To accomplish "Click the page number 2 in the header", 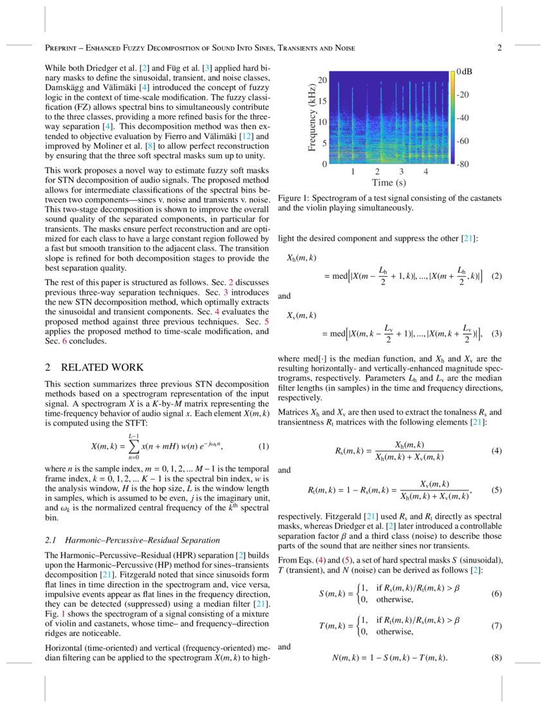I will [499, 48].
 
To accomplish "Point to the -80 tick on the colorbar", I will [463, 164].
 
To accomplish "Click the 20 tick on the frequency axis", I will [323, 80].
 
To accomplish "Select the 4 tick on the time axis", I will [425, 172].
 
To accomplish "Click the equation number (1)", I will [263, 447].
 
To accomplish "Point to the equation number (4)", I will [496, 451].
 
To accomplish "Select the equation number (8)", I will [496, 658].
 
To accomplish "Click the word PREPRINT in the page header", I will [64, 49].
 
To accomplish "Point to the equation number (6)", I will [496, 593].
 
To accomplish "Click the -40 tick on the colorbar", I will [463, 118].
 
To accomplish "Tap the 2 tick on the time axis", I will [376, 172].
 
